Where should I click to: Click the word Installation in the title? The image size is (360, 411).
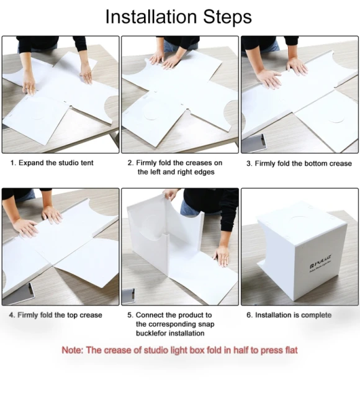(x=151, y=17)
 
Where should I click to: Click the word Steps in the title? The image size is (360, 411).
(x=227, y=17)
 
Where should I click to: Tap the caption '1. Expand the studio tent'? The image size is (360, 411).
(x=52, y=163)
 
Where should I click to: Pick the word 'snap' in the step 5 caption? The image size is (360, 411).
(x=206, y=324)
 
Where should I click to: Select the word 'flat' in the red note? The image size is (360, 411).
(x=290, y=350)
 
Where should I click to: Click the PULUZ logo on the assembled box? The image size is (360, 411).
(x=321, y=262)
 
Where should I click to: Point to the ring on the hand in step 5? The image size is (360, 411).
(x=225, y=260)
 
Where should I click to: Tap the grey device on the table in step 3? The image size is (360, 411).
(x=254, y=143)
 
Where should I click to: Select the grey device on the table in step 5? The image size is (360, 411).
(x=128, y=296)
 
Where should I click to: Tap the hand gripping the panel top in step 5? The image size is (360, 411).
(x=171, y=194)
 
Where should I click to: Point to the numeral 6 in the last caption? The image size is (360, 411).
(x=249, y=315)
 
